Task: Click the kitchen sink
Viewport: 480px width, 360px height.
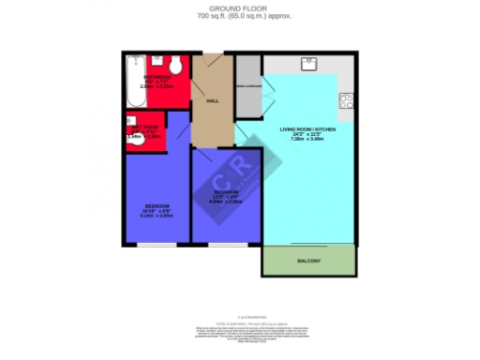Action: point(309,65)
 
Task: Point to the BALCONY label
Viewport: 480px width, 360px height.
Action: point(308,260)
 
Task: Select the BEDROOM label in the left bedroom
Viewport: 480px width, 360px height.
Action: point(157,205)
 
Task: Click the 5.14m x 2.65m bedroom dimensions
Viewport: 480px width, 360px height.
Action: point(157,216)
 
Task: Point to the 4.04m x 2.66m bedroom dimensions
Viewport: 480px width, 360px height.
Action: point(226,201)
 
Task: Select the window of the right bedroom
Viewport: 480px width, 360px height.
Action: point(225,244)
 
